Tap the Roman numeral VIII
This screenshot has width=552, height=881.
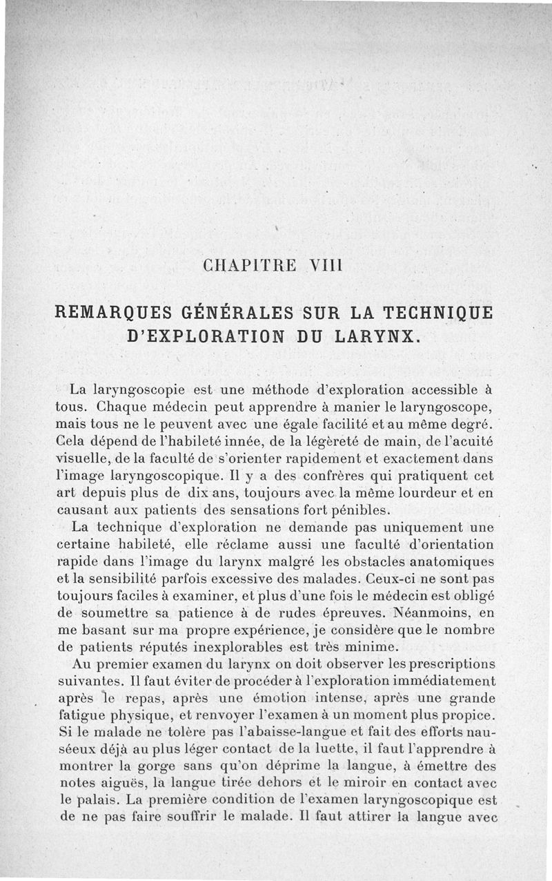coord(315,265)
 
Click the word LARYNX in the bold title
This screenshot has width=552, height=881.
coord(375,338)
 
